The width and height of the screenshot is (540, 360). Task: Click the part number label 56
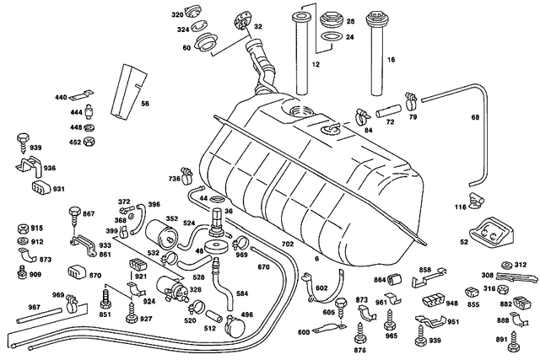coord(145,103)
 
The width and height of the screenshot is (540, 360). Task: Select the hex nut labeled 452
coord(89,142)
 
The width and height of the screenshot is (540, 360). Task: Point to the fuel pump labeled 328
coord(172,290)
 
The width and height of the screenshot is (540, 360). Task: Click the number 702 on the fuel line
coord(287,244)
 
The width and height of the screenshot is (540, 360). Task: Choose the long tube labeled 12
coord(302,54)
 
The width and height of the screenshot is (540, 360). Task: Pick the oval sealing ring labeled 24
coord(332,37)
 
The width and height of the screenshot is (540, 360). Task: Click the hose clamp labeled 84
coord(363,117)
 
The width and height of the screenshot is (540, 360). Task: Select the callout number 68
coord(475,117)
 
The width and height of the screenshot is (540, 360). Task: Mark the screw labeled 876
coord(359,333)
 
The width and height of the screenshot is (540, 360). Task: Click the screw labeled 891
coord(516,340)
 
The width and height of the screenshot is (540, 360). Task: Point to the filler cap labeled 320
coord(193,12)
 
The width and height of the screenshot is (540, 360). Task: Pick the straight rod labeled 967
coord(40,315)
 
